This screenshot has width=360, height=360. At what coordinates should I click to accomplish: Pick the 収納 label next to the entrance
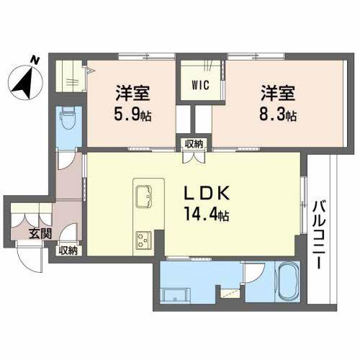click(68, 251)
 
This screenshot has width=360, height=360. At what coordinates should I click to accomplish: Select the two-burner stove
click(143, 238)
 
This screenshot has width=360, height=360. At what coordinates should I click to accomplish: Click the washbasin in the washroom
click(174, 295)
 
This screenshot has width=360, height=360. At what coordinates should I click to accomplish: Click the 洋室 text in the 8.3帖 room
click(279, 94)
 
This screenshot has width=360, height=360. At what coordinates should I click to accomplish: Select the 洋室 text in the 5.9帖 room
click(131, 94)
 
